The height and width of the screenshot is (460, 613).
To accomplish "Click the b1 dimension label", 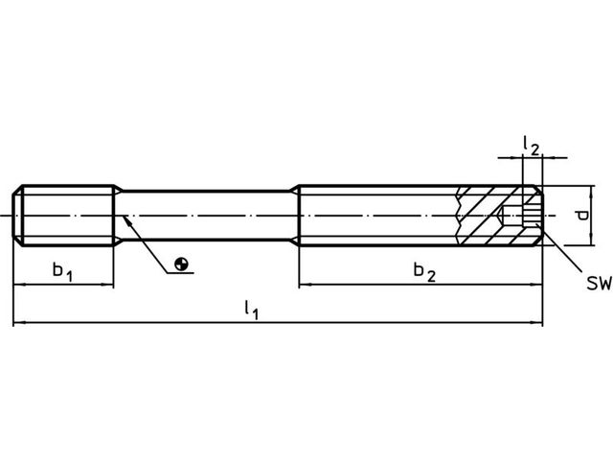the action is click(x=62, y=271).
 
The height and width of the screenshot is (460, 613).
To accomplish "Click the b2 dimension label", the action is click(x=424, y=271).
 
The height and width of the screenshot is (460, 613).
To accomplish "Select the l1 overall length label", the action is click(x=251, y=310).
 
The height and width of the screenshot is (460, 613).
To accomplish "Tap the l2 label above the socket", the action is click(x=532, y=146).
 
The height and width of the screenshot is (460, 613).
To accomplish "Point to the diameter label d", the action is click(x=582, y=216).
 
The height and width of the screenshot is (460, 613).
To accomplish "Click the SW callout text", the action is click(x=599, y=284).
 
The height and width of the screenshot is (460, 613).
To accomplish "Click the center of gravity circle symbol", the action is click(x=181, y=264).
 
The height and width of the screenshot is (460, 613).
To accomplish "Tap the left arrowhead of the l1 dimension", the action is click(x=19, y=323).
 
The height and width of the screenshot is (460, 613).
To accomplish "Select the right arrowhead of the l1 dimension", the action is click(x=536, y=323).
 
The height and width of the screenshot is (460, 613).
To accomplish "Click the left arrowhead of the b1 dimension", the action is click(x=19, y=285).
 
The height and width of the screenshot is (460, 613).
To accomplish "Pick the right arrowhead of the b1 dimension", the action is click(x=107, y=285).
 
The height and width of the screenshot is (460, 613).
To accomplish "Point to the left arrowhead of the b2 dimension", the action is click(x=306, y=285).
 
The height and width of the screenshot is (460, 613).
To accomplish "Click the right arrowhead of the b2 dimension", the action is click(x=536, y=285).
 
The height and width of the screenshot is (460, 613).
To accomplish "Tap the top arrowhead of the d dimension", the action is click(x=592, y=192).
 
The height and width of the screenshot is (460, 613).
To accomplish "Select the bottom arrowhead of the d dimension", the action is click(x=592, y=240).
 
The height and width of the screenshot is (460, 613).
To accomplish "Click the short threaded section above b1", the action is click(x=63, y=216).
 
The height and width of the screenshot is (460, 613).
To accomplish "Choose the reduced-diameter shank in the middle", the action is click(x=207, y=216).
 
